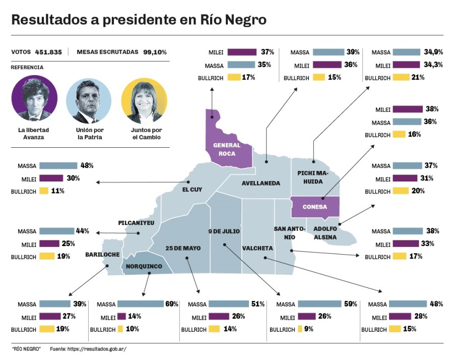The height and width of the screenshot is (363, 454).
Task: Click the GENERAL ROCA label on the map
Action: (227, 149)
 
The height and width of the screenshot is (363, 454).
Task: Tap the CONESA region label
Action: (315, 207)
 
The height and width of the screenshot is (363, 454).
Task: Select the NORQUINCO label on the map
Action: (144, 266)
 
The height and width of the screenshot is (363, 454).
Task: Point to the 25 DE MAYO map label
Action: (183, 248)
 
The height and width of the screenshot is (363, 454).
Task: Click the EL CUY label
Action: (192, 190)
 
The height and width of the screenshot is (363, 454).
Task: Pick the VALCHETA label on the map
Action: (257, 248)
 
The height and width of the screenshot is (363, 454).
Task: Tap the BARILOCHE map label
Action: (102, 254)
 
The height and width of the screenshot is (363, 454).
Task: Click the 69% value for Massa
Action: (172, 304)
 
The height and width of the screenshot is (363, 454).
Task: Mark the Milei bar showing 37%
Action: (242, 52)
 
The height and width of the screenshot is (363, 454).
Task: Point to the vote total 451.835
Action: (48, 52)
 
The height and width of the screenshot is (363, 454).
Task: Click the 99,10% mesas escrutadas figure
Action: (155, 52)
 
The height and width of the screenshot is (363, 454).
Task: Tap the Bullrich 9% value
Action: (308, 329)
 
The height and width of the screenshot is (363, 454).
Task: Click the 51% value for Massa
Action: (258, 304)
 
